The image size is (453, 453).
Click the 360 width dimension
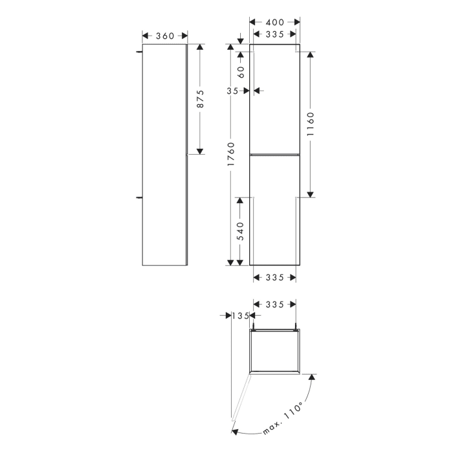tap(165, 36)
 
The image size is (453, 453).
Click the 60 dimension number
tap(240, 71)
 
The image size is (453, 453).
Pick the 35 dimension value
tap(234, 91)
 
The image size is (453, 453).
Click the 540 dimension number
tap(240, 231)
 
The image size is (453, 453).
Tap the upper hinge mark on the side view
tap(140, 50)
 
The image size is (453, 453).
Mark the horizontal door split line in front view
tap(275, 154)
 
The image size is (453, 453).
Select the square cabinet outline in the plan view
tap(275, 351)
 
